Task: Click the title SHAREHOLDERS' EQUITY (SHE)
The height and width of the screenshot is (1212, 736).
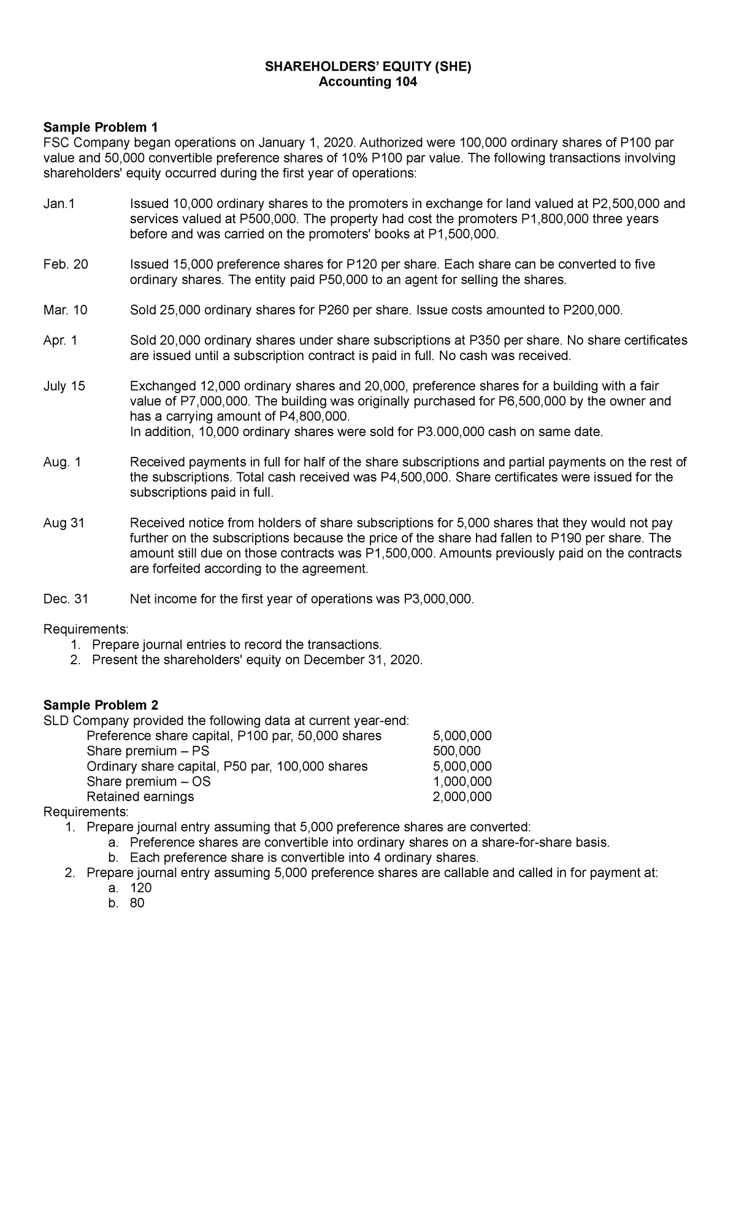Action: (x=368, y=67)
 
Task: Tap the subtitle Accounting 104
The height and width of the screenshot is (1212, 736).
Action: (x=368, y=82)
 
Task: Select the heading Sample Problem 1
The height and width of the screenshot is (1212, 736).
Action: (x=101, y=128)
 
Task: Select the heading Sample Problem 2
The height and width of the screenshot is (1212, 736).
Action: (x=101, y=705)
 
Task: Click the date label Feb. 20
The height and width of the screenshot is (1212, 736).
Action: (x=66, y=264)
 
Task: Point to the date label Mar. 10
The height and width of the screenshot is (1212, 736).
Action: (x=66, y=310)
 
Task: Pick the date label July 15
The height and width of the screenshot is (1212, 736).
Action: (x=64, y=386)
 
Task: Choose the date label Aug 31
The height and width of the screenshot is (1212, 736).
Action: (x=64, y=523)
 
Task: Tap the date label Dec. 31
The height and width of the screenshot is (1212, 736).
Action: (x=66, y=599)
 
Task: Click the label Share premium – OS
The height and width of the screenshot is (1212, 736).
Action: (x=148, y=781)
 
